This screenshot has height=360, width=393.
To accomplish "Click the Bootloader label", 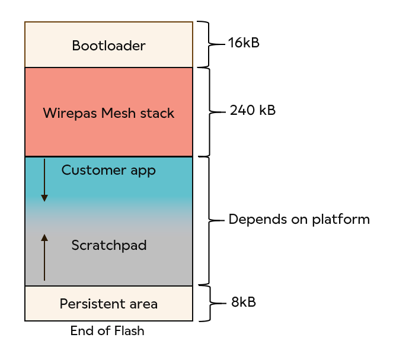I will pyautogui.click(x=108, y=46).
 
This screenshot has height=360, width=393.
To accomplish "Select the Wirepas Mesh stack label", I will pyautogui.click(x=108, y=113).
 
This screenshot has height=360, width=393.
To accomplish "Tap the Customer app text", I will pyautogui.click(x=108, y=171).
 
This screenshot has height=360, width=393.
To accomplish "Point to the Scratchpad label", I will pyautogui.click(x=108, y=245).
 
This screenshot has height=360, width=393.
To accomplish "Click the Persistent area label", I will pyautogui.click(x=108, y=304).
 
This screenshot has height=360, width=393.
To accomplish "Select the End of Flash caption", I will pyautogui.click(x=107, y=331).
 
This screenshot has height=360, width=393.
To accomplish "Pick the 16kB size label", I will pyautogui.click(x=244, y=43).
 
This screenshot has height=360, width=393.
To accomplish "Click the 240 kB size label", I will pyautogui.click(x=253, y=111).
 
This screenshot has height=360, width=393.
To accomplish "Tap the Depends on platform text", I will pyautogui.click(x=299, y=220).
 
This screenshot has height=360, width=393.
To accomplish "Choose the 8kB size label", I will pyautogui.click(x=243, y=302).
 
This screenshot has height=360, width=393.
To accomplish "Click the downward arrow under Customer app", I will pyautogui.click(x=44, y=180).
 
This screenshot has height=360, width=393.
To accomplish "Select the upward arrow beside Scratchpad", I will pyautogui.click(x=44, y=257).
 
